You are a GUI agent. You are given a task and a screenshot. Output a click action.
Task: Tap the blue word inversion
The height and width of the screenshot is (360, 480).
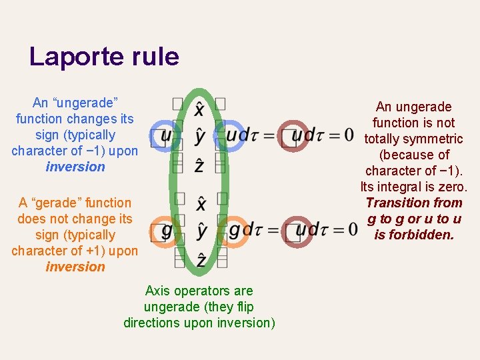[75, 167]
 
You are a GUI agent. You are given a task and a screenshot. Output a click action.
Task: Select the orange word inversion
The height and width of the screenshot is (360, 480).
[75, 267]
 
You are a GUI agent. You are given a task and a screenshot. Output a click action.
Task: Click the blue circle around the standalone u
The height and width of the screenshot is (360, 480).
[165, 135]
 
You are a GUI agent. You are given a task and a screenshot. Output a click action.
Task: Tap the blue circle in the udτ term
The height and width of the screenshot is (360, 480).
[231, 135]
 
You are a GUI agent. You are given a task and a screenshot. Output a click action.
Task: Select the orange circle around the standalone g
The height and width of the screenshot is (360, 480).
[166, 231]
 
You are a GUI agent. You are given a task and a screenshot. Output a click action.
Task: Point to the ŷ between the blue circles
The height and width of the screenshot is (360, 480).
[200, 137]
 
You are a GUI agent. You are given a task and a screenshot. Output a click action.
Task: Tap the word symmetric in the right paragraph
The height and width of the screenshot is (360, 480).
[431, 139]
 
